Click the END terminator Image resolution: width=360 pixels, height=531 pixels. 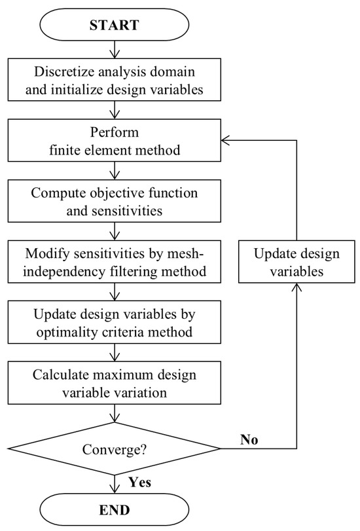click(115, 509)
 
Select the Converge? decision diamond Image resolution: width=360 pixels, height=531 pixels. click(115, 449)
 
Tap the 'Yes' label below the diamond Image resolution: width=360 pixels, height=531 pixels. click(139, 483)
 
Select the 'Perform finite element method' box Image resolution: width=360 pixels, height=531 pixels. click(115, 141)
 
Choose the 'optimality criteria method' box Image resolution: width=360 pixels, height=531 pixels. click(115, 323)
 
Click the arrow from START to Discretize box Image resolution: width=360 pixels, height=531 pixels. click(115, 50)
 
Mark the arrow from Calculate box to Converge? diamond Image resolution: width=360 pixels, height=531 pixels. click(115, 414)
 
